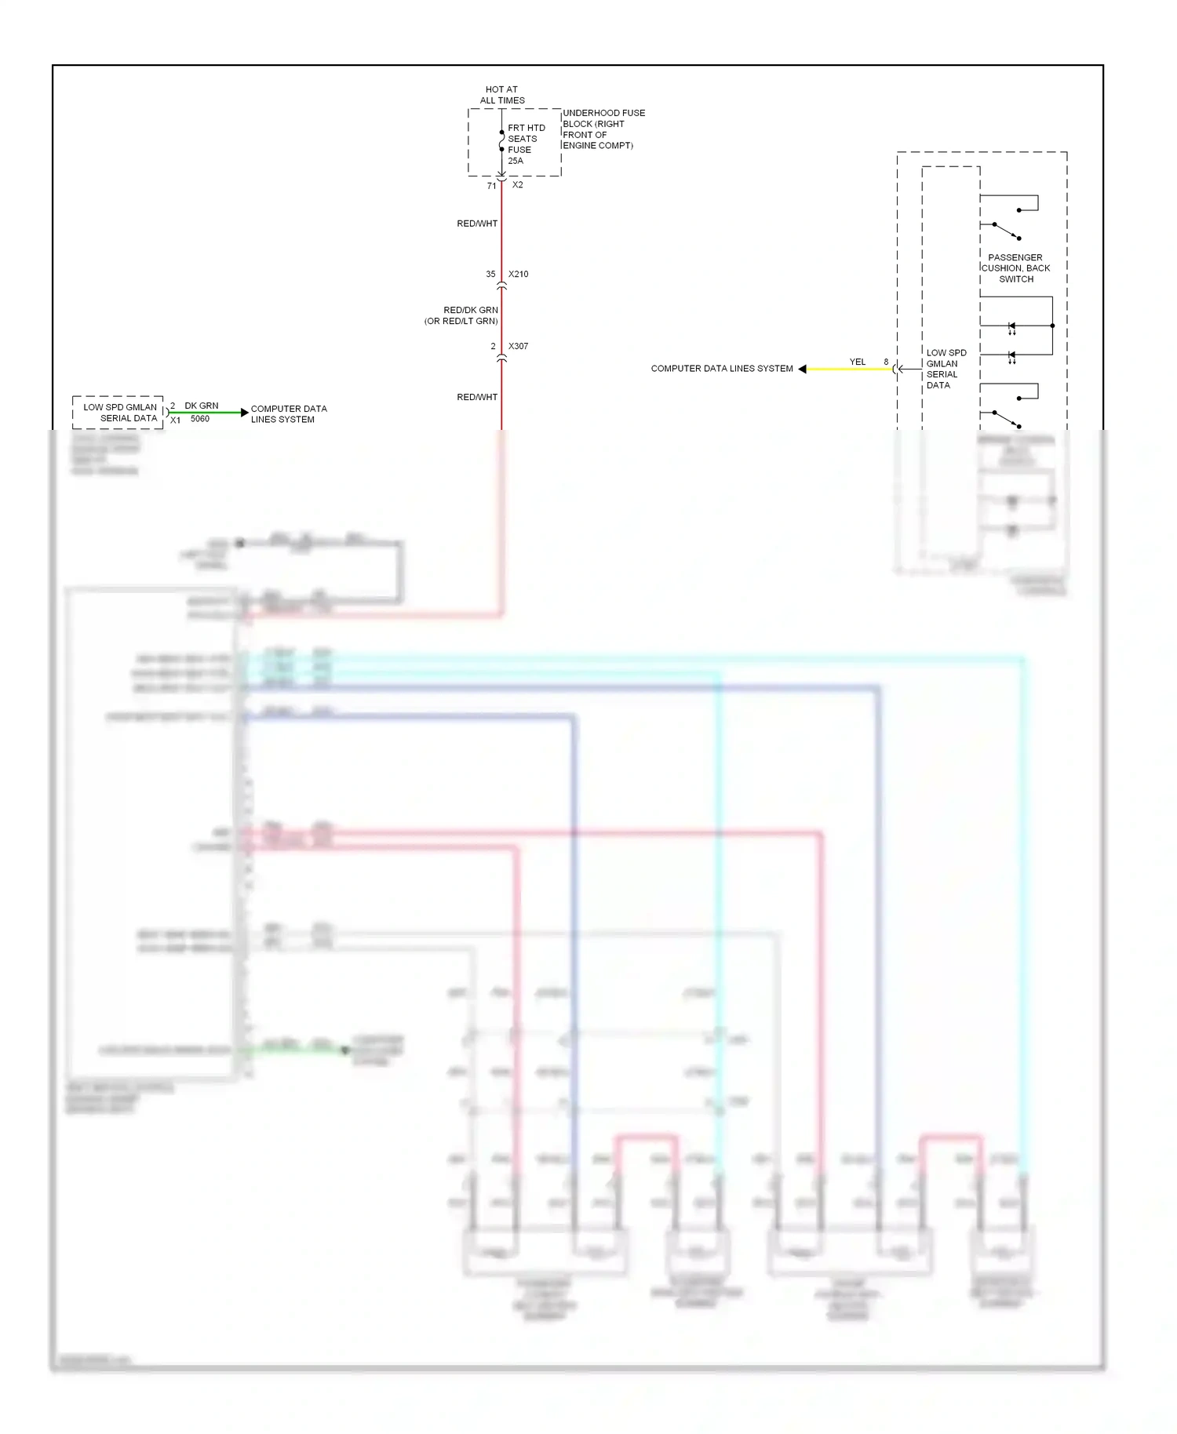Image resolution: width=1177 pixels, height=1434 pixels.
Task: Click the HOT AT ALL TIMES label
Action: tap(502, 95)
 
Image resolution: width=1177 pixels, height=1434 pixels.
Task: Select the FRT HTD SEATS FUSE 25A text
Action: tap(526, 144)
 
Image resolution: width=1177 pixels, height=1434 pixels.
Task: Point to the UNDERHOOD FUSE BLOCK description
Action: tap(603, 129)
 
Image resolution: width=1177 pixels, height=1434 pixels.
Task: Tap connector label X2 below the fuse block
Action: tap(517, 185)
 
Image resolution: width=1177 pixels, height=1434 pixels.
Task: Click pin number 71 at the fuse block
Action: tap(491, 186)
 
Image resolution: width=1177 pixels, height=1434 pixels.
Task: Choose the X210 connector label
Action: tap(518, 275)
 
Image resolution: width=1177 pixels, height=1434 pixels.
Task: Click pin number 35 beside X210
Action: tap(490, 275)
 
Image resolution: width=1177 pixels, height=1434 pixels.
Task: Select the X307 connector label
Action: tap(518, 346)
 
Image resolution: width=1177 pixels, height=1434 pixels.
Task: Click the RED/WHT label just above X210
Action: tap(477, 224)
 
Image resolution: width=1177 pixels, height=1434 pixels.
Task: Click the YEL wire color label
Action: tap(857, 362)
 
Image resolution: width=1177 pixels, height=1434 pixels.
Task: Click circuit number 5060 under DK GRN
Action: tap(200, 419)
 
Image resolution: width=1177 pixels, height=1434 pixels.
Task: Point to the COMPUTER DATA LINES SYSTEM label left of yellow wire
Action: tap(721, 369)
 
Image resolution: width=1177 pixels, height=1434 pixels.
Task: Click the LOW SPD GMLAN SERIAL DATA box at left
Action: tap(119, 413)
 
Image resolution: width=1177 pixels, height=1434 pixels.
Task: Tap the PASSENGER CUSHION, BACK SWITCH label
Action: tap(1015, 268)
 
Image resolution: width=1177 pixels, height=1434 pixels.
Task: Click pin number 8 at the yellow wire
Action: tap(886, 362)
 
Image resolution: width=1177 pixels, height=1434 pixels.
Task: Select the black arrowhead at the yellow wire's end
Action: tap(802, 369)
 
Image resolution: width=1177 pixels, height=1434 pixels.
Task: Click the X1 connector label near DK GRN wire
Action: tap(175, 420)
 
